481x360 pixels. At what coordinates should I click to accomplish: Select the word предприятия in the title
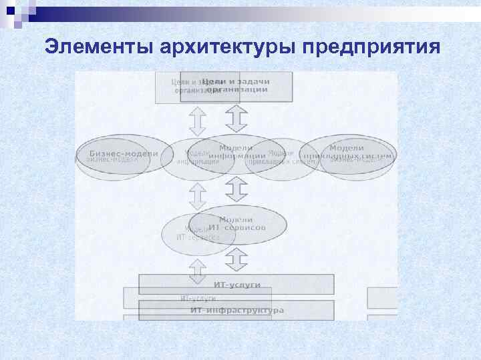point(370,47)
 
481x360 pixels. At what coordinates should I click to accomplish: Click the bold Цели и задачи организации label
point(236,85)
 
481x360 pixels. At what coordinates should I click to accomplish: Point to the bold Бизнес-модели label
point(124,153)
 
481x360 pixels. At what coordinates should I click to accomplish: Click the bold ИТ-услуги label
point(236,285)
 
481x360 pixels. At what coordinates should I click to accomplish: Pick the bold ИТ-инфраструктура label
point(236,310)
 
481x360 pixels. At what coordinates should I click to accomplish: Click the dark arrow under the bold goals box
point(236,119)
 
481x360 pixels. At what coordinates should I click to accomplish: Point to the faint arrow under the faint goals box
point(198,121)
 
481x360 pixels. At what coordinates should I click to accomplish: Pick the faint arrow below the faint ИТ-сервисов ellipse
point(198,269)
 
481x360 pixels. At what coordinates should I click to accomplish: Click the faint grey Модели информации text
point(198,157)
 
